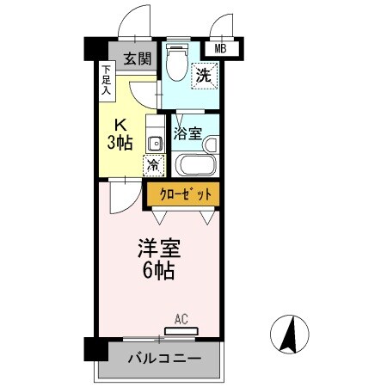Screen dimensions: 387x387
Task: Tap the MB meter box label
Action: tap(220, 49)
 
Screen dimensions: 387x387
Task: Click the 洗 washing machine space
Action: tap(204, 76)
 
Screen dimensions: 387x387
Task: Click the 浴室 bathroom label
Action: tap(187, 132)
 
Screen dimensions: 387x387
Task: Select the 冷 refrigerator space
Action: tap(154, 163)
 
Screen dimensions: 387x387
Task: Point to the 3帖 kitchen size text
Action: tap(120, 141)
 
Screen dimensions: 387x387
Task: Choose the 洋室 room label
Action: tap(159, 249)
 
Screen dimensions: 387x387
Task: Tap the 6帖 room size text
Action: tap(159, 273)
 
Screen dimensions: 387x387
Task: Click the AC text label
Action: tap(181, 318)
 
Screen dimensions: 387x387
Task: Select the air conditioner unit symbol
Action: tap(181, 330)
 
